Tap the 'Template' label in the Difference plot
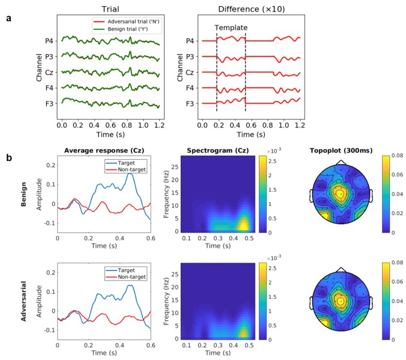[231, 28]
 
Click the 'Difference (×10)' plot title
[252, 9]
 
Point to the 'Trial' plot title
[111, 9]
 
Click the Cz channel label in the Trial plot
[49, 72]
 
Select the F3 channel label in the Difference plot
[190, 103]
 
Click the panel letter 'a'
[9, 19]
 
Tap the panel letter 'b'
[9, 157]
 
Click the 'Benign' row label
[23, 194]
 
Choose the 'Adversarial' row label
[23, 301]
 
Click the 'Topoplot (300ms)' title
[341, 151]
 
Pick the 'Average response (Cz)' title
[104, 151]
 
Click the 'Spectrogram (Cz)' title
[218, 151]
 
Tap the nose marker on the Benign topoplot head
[341, 162]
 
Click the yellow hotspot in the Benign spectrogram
[243, 225]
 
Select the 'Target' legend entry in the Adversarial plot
[126, 270]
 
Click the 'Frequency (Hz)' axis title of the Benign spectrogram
[166, 194]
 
